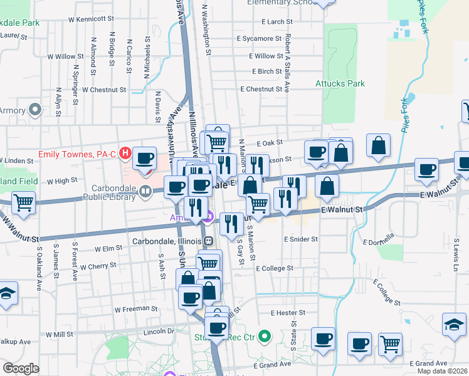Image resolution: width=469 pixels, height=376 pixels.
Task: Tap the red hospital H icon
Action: [125, 153]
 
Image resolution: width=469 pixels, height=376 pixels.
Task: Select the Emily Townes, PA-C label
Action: [78, 154]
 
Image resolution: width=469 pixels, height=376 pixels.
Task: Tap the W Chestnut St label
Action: [103, 90]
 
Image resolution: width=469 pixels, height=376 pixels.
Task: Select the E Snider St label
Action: [300, 239]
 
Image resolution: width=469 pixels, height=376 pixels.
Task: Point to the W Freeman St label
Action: [135, 309]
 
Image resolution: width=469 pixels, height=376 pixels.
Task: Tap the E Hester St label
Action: [288, 312]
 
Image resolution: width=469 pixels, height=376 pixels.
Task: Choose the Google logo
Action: [21, 368]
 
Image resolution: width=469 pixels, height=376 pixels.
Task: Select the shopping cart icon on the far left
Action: [23, 203]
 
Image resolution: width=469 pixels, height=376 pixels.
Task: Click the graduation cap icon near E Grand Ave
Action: [454, 325]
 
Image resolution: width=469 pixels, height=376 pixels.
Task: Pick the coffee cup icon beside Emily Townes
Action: [146, 159]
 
